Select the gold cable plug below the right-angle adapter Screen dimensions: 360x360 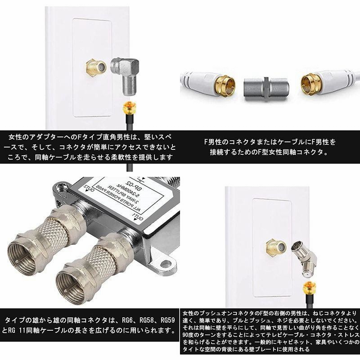(129, 108)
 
